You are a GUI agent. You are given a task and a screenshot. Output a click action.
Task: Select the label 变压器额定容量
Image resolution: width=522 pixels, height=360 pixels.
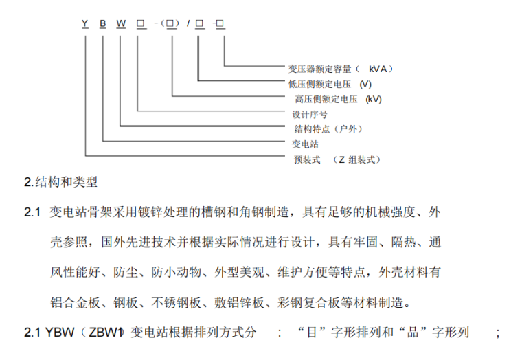pos(320,69)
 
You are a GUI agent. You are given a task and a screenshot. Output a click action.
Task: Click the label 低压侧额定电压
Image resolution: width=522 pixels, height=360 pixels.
pos(319,84)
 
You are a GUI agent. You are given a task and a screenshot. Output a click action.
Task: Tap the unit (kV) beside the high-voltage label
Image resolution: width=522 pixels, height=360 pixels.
pos(374,99)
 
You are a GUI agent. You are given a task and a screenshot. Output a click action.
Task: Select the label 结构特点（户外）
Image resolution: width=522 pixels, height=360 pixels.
pos(328,129)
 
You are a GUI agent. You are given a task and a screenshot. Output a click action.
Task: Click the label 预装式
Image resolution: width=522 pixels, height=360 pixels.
pos(307,159)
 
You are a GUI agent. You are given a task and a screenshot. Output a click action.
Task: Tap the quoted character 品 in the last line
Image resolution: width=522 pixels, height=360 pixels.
pos(412,333)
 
